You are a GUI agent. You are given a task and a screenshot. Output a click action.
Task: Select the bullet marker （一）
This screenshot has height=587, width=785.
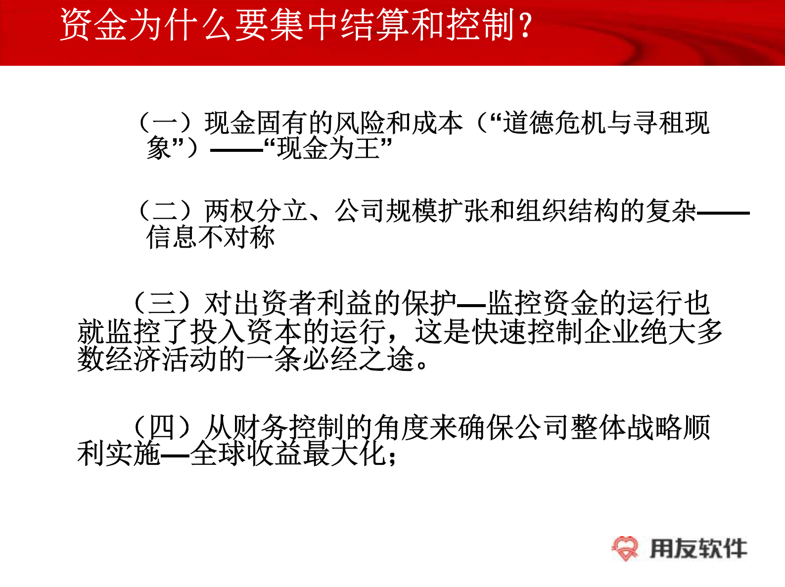point(165,123)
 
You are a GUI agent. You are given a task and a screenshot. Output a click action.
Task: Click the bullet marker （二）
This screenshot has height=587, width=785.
point(165,211)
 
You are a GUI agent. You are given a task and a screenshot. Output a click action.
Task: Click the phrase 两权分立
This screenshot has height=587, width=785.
point(256,211)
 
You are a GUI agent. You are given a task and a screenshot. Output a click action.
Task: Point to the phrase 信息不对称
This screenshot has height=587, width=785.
point(211,237)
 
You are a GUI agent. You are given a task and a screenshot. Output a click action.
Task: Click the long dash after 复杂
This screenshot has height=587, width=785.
point(723,213)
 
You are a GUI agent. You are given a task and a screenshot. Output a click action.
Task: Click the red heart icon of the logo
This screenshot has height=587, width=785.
point(625,548)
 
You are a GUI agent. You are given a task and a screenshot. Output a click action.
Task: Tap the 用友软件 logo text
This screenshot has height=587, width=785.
point(698,548)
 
